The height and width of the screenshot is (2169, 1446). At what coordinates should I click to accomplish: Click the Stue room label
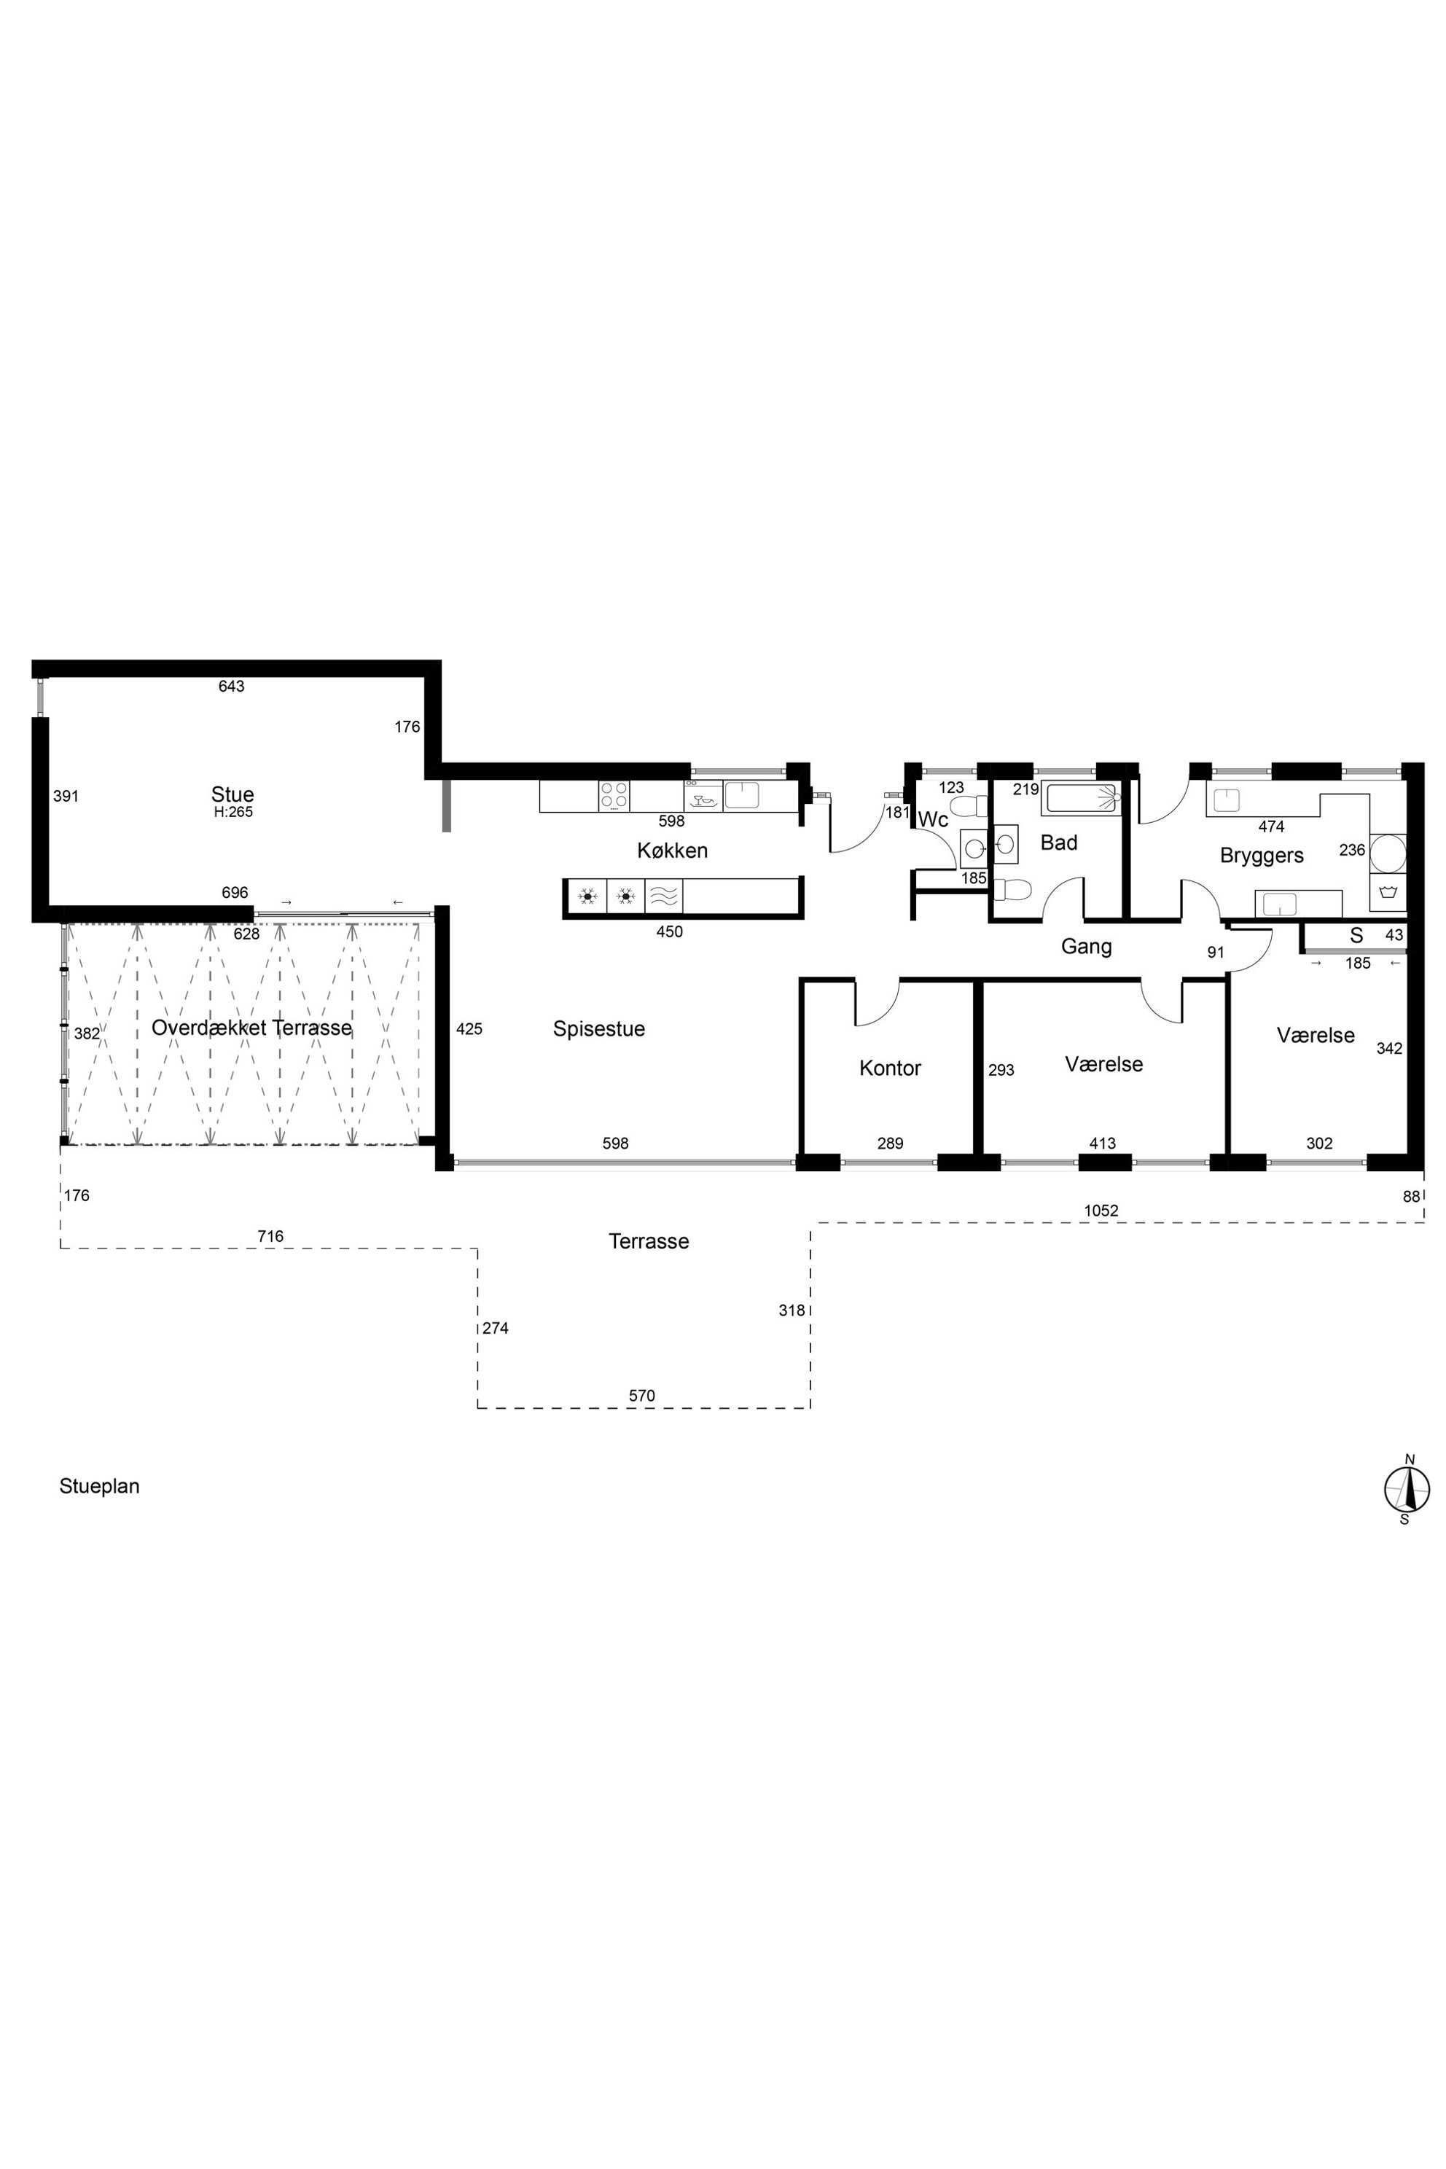pyautogui.click(x=232, y=794)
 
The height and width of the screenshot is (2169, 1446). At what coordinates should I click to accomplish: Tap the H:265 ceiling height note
pyautogui.click(x=232, y=813)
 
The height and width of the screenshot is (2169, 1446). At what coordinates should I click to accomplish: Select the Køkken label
pyautogui.click(x=672, y=851)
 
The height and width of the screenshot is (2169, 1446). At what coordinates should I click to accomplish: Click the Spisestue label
pyautogui.click(x=598, y=1028)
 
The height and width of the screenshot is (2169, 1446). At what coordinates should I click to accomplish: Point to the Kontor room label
pyautogui.click(x=890, y=1068)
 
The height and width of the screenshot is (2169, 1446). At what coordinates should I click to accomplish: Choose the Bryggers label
pyautogui.click(x=1262, y=856)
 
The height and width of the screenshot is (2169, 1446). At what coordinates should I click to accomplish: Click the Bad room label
pyautogui.click(x=1059, y=842)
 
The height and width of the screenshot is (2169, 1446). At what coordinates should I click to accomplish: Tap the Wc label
pyautogui.click(x=933, y=820)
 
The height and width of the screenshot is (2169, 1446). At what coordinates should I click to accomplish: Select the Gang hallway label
pyautogui.click(x=1087, y=946)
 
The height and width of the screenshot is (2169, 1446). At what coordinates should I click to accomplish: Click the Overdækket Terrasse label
pyautogui.click(x=251, y=1028)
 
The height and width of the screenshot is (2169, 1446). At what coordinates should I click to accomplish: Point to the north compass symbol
pyautogui.click(x=1407, y=1488)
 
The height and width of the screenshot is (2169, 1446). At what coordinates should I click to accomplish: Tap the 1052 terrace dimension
pyautogui.click(x=1101, y=1211)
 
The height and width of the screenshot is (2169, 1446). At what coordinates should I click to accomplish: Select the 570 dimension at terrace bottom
pyautogui.click(x=642, y=1396)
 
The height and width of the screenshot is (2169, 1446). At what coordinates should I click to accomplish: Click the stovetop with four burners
pyautogui.click(x=614, y=795)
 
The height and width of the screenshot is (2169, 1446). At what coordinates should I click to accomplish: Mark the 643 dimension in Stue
pyautogui.click(x=232, y=686)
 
